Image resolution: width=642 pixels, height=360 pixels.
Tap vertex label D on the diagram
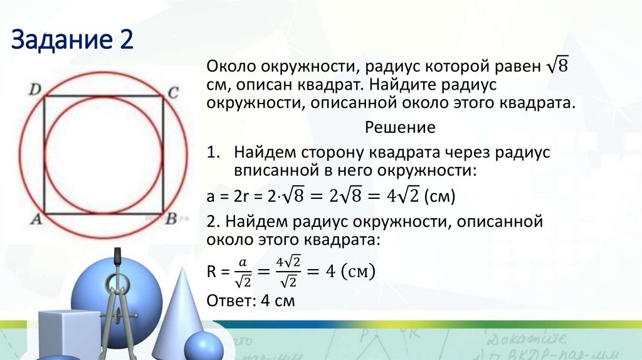pyautogui.click(x=35, y=90)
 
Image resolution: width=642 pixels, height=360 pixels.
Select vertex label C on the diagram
pyautogui.click(x=174, y=93)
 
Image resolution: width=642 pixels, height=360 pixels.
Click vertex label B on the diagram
pyautogui.click(x=171, y=220)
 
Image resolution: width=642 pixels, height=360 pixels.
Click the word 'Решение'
pyautogui.click(x=400, y=127)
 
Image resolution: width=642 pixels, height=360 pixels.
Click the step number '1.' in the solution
pyautogui.click(x=212, y=152)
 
